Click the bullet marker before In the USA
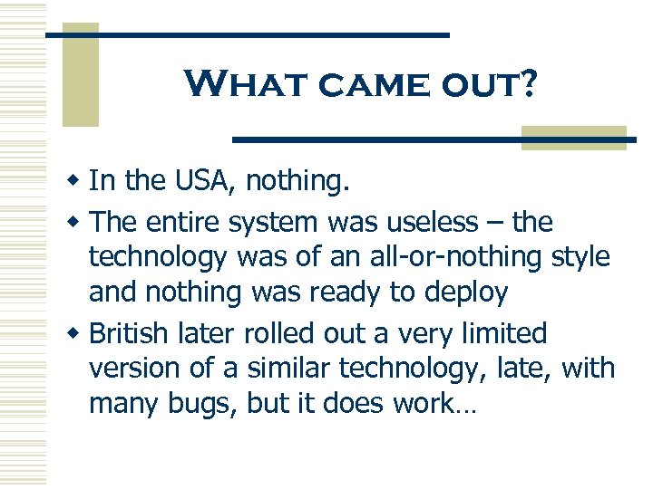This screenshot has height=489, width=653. coord(76,182)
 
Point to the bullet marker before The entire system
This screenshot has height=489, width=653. coord(76,222)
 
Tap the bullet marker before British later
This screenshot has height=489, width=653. coord(76,334)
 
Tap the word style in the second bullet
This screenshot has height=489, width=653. coord(580,257)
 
